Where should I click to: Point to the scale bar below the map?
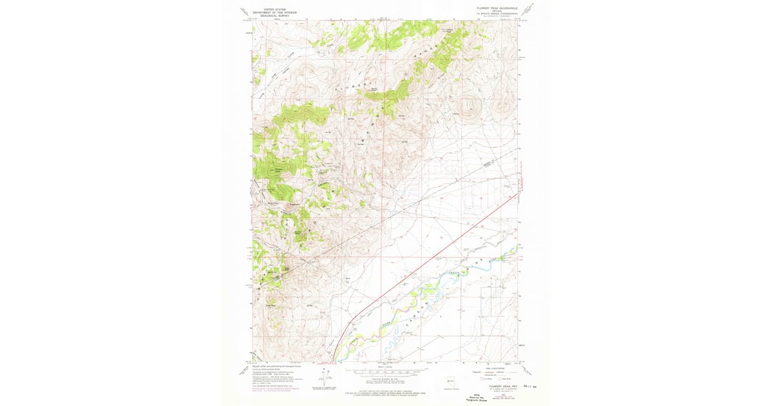(386, 371)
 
